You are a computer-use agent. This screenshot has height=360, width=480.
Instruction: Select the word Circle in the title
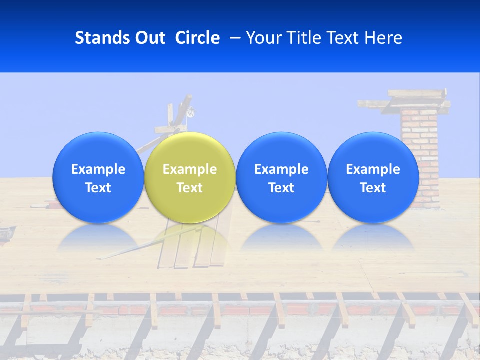(197, 38)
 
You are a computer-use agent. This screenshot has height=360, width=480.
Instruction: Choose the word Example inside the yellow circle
(190, 169)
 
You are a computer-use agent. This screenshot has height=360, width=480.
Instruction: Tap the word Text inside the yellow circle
(190, 188)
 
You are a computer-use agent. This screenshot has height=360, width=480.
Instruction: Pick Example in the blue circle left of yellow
(98, 169)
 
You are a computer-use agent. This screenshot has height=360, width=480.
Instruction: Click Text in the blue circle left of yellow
(98, 188)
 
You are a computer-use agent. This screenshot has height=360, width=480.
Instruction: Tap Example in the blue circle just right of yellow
(281, 169)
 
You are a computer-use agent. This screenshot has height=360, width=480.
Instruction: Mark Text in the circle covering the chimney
(373, 188)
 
